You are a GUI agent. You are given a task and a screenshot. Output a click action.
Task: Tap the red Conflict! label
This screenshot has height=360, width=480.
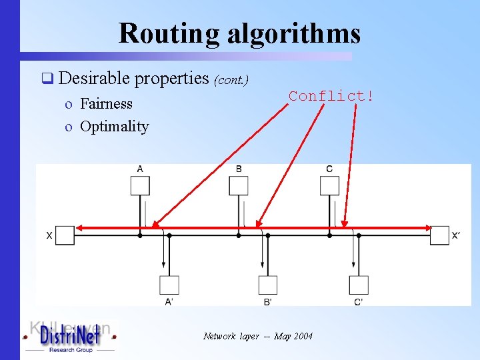331,96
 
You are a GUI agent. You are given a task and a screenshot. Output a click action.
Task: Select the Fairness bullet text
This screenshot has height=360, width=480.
106,103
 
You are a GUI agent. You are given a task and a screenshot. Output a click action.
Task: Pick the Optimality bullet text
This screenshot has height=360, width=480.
114,126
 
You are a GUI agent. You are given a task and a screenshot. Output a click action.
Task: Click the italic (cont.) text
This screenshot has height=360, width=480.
231,81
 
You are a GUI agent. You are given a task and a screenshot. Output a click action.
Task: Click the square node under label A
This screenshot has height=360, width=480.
140,185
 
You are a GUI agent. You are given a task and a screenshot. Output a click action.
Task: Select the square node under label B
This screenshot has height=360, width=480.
239,185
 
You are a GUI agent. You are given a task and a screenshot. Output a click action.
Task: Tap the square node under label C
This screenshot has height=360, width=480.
329,185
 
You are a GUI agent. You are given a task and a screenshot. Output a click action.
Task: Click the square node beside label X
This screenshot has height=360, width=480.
65,235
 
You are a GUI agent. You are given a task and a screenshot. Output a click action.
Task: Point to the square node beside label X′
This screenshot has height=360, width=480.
439,235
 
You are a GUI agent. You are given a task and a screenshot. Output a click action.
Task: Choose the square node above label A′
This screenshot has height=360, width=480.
169,285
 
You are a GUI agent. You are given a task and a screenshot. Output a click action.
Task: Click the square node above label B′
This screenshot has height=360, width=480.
267,285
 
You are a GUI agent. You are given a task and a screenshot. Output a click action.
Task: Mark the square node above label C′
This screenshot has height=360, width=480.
359,285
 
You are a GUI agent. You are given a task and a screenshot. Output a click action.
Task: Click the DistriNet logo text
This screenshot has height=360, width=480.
70,337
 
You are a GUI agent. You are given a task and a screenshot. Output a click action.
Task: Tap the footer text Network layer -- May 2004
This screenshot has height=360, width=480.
257,336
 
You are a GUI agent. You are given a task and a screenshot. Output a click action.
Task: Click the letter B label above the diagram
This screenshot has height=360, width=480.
239,169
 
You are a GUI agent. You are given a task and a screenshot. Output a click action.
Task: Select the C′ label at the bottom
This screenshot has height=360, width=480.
359,302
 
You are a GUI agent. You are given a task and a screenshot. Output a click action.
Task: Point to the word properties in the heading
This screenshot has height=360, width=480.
172,79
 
